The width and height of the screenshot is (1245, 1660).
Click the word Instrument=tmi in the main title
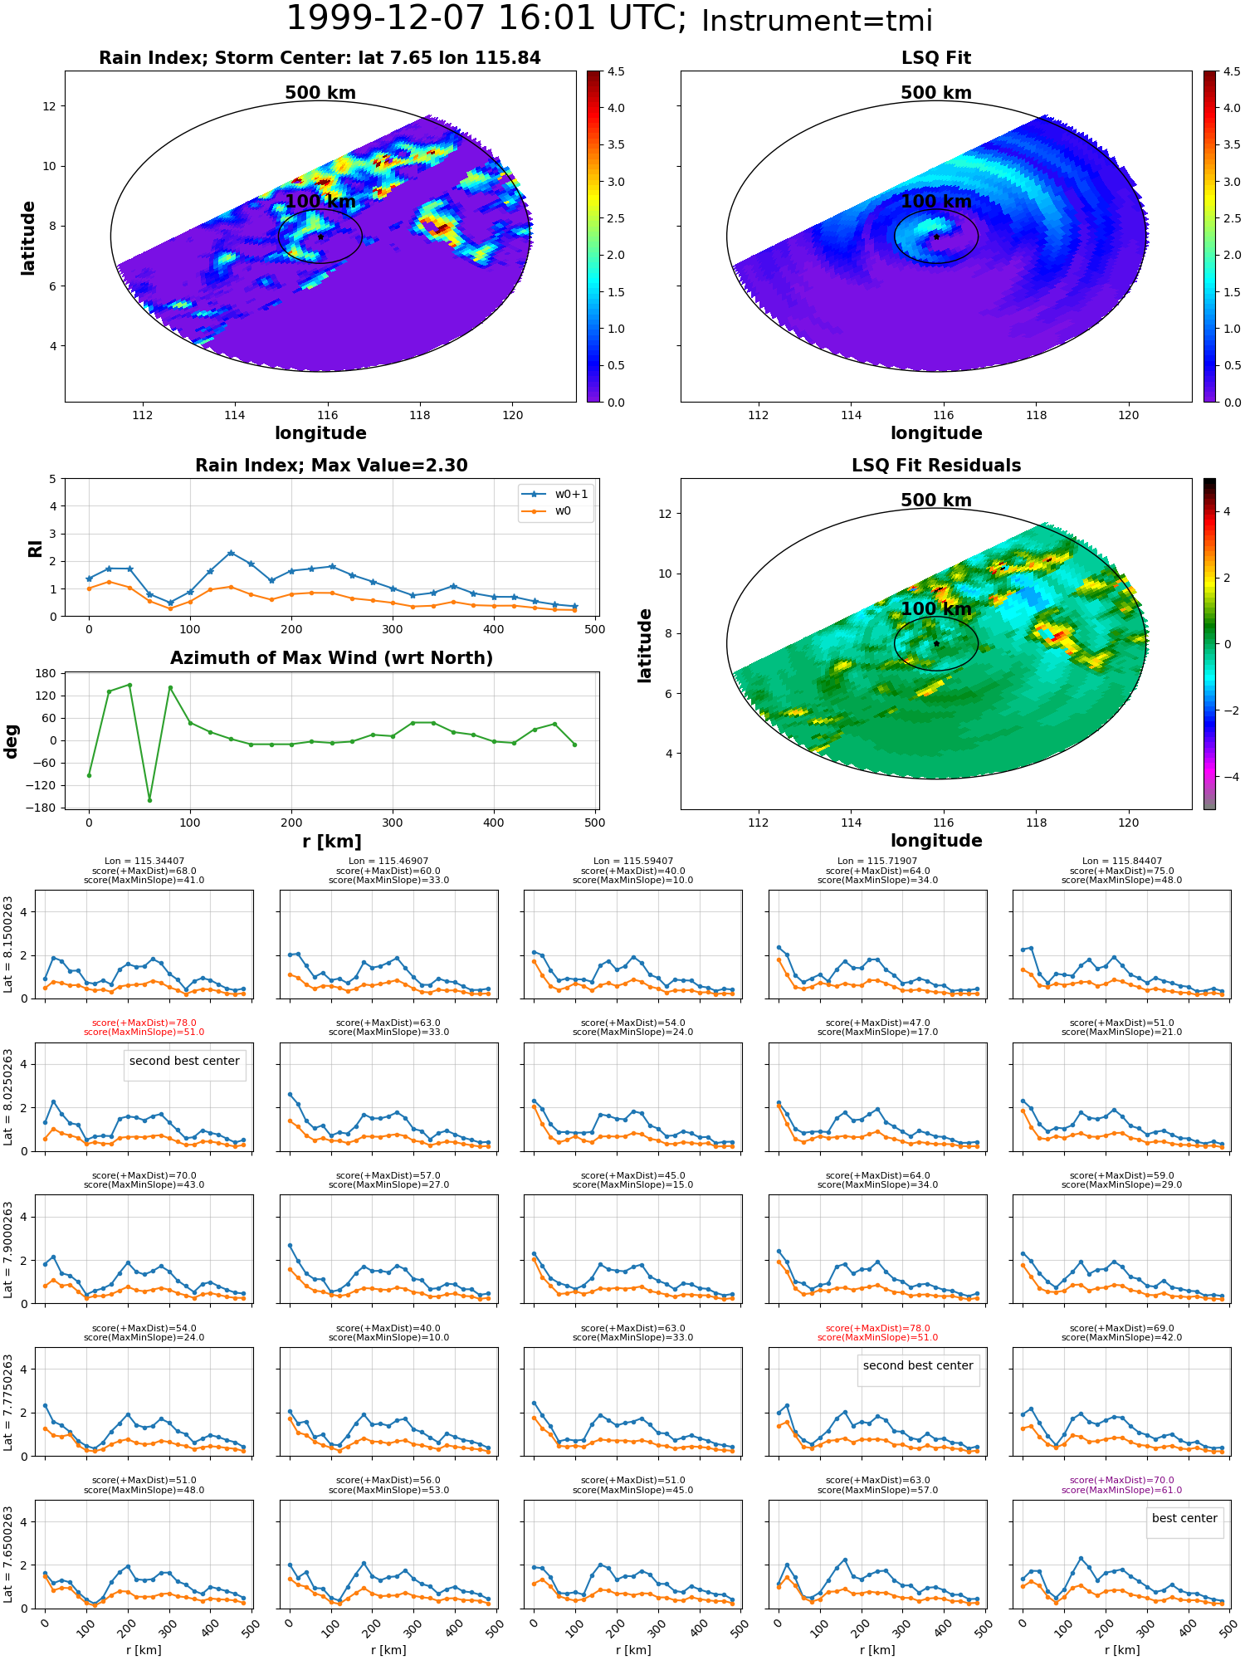point(817,21)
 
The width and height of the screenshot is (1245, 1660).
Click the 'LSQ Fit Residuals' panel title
point(935,466)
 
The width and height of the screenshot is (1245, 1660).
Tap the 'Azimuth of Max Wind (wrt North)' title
point(331,658)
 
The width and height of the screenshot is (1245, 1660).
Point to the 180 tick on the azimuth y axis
point(46,673)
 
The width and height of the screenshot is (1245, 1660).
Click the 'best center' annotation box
point(1184,1518)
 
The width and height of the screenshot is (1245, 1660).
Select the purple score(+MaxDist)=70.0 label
point(1121,1480)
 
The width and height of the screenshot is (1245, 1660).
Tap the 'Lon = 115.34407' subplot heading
point(144,862)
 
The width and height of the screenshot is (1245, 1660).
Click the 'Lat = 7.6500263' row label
point(8,1554)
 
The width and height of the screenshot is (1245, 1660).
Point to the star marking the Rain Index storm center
point(320,237)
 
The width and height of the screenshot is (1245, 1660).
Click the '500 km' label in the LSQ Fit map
point(935,93)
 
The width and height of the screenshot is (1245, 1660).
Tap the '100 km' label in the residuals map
point(935,608)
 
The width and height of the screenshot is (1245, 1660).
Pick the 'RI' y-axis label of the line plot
point(36,549)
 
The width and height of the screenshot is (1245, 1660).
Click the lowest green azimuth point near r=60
point(149,800)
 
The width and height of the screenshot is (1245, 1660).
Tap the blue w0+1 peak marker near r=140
point(231,553)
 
